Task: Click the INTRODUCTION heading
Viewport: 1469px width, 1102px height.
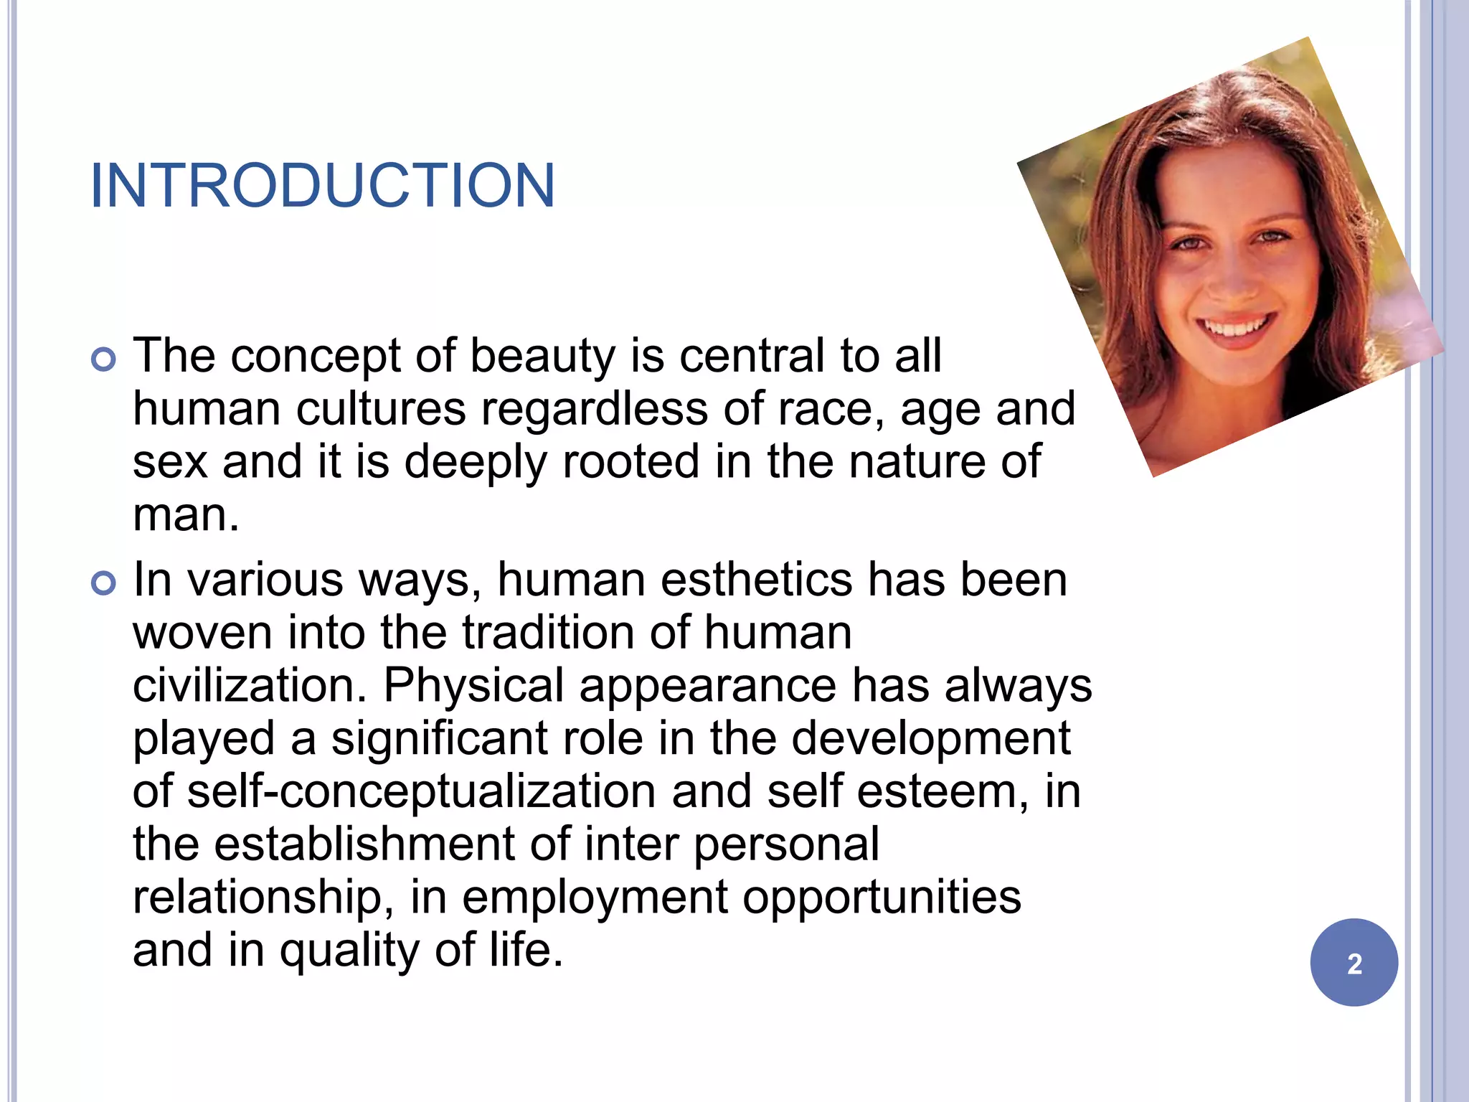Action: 322,186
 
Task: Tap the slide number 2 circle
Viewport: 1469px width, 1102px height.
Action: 1354,963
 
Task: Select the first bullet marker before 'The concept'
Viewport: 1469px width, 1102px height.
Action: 104,359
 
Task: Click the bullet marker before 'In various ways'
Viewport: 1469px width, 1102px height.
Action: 104,583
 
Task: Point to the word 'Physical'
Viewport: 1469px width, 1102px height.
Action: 473,687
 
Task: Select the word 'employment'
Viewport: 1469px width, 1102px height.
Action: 595,898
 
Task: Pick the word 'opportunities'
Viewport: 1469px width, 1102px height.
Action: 882,898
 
